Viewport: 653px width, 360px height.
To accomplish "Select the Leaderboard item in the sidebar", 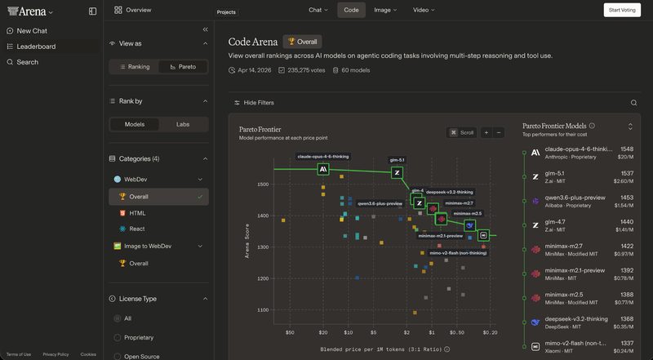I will tap(36, 47).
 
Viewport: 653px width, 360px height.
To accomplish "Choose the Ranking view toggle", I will tap(135, 67).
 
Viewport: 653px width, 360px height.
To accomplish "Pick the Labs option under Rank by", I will tap(183, 124).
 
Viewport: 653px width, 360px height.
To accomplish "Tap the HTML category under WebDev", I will tap(137, 212).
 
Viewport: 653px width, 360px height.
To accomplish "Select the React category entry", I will tap(137, 229).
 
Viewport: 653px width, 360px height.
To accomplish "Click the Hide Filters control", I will tap(254, 103).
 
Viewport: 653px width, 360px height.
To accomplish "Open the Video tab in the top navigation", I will tap(423, 10).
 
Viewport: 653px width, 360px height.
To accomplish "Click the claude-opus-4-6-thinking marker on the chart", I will tap(323, 169).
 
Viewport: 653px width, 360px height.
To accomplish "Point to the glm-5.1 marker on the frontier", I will tap(397, 173).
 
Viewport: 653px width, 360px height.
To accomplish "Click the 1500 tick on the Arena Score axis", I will tap(262, 184).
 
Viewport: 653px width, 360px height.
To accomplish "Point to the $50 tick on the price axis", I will tap(289, 333).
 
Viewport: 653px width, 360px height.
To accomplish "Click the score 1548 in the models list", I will tap(626, 149).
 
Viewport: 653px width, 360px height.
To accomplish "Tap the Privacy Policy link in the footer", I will tap(56, 354).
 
